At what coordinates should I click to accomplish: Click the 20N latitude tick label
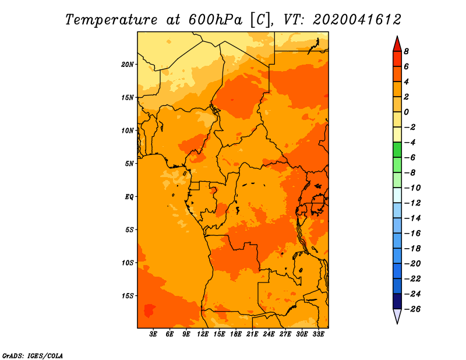[x=128, y=65]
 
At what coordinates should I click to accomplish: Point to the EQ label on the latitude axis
[x=129, y=197]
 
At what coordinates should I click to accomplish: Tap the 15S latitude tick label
[x=128, y=296]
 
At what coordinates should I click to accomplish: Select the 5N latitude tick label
[x=129, y=164]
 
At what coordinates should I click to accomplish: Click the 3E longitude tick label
[x=153, y=334]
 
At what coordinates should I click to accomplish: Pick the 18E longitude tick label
[x=236, y=334]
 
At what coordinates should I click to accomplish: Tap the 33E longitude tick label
[x=318, y=334]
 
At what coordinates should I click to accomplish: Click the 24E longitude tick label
[x=269, y=334]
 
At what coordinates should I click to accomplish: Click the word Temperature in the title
[x=111, y=20]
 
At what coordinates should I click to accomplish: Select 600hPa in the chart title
[x=215, y=20]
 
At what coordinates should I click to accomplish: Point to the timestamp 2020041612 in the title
[x=356, y=20]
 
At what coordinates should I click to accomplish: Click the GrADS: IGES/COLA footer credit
[x=33, y=356]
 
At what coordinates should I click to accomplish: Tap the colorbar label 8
[x=406, y=51]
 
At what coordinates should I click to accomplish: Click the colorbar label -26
[x=412, y=309]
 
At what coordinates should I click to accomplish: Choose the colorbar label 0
[x=406, y=112]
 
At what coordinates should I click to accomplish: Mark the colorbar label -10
[x=412, y=188]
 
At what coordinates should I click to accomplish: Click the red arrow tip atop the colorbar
[x=397, y=37]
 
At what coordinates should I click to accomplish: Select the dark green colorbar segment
[x=397, y=150]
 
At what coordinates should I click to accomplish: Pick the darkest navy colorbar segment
[x=397, y=301]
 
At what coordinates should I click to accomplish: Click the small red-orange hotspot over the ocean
[x=149, y=310]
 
